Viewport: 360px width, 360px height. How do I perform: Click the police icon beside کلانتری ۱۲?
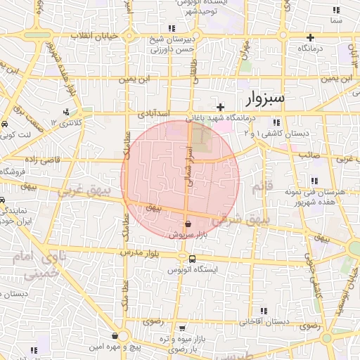click(x=67, y=112)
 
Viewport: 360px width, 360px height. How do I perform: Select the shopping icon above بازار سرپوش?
click(x=186, y=223)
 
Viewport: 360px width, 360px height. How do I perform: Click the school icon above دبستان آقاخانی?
click(x=264, y=311)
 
